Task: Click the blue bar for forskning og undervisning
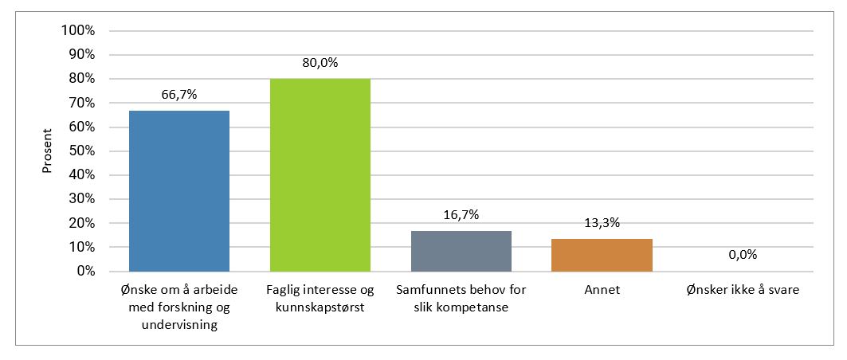click(179, 191)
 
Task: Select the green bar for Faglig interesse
click(320, 175)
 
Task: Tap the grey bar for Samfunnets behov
click(461, 251)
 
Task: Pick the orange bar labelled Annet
click(601, 255)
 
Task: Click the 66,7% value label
click(179, 95)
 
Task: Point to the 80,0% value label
click(320, 63)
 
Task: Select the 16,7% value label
click(461, 215)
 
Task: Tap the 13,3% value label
click(601, 223)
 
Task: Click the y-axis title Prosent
click(47, 151)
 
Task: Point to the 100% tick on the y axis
click(78, 31)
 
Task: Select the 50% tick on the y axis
click(81, 151)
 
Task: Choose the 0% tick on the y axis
click(84, 272)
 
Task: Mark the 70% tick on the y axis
click(81, 103)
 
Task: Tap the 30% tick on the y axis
click(81, 199)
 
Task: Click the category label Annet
click(601, 291)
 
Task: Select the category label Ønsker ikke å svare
click(742, 291)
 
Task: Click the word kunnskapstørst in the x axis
click(320, 308)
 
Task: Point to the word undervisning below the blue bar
click(179, 325)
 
